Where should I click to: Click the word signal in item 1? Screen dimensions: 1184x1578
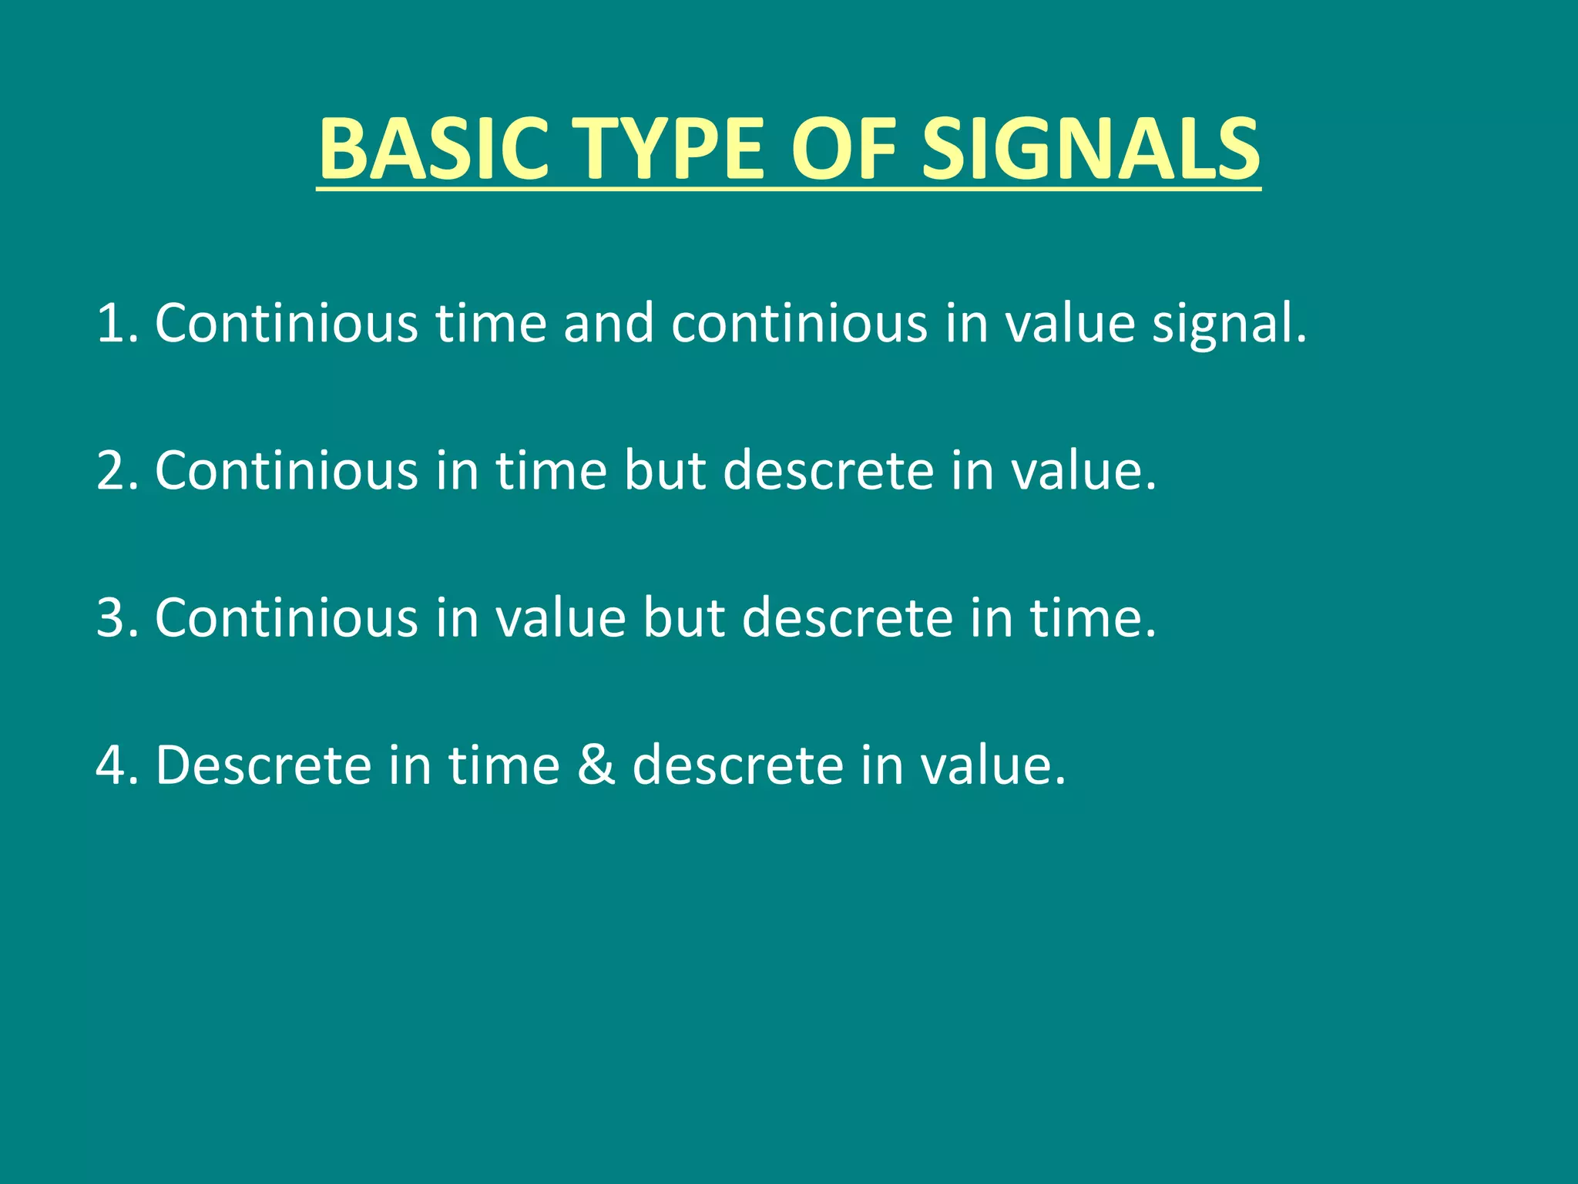pos(1228,323)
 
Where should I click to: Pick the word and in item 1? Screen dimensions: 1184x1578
pos(609,323)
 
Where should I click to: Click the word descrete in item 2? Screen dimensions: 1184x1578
pos(828,470)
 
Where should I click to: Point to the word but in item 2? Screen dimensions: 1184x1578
pos(664,470)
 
